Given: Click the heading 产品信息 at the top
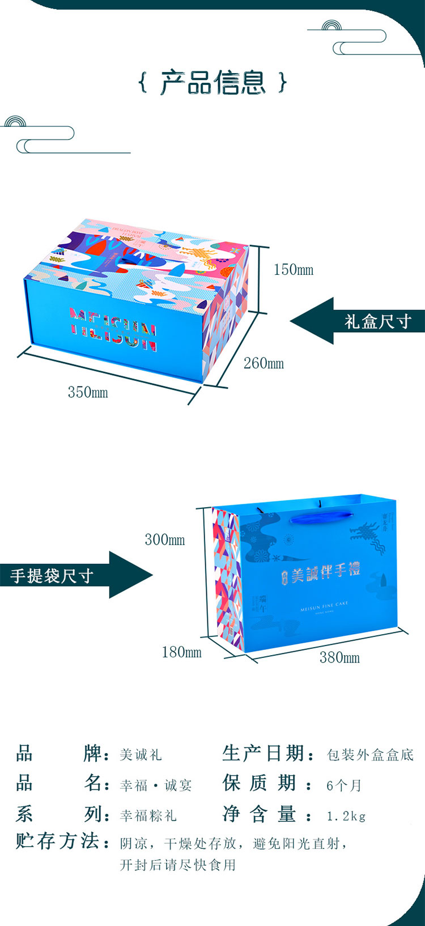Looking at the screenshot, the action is [212, 83].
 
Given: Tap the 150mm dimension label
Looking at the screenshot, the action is [293, 270].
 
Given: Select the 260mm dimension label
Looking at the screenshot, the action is [263, 363].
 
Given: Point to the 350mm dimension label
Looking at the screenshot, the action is [88, 392].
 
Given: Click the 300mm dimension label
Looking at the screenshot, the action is [164, 540].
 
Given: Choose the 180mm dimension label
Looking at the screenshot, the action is [181, 652].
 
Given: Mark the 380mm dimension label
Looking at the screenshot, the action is [339, 657].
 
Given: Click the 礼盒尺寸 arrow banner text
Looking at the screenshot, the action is [377, 321].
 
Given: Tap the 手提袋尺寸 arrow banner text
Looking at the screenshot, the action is [52, 576].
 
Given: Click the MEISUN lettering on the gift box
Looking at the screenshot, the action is [113, 329].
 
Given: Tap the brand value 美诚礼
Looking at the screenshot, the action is [141, 755].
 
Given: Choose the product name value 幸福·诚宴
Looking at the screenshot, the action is [156, 785].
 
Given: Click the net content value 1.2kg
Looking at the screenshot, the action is [346, 816].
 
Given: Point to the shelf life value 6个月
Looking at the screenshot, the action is [344, 785].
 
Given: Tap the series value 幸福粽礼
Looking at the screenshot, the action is [148, 816].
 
